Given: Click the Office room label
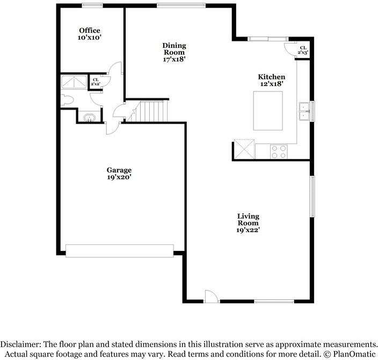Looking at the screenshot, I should [90, 31].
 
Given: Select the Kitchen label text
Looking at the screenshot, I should [271, 77].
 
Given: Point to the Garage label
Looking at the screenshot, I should [119, 170].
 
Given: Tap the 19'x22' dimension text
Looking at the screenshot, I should [248, 230].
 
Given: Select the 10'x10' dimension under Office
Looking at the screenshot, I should [90, 38].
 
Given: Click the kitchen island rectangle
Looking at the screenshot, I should [268, 111].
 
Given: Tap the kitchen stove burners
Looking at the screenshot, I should [279, 152].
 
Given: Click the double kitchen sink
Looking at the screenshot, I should [304, 111].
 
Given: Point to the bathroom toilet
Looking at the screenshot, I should [66, 100].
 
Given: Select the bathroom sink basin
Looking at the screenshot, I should [89, 117].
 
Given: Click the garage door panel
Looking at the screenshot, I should [119, 250].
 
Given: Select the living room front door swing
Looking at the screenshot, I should [211, 296].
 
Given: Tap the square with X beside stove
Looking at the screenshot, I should [244, 148].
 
